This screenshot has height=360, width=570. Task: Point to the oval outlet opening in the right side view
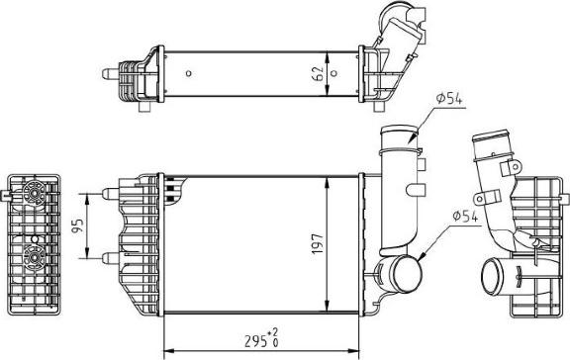491,271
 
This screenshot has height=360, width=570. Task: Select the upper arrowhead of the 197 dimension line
328,179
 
